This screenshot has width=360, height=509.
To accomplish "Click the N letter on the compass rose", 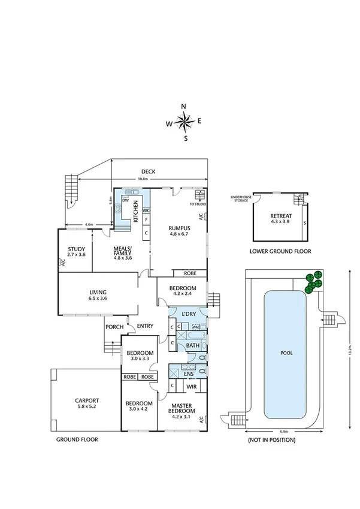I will pos(184,107).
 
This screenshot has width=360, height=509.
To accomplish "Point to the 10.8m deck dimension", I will pos(143,179).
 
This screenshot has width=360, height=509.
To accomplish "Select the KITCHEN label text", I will pos(136,212).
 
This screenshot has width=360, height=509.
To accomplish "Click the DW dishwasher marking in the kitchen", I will pos(126,201).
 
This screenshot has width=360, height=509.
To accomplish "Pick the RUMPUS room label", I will pos(179,228).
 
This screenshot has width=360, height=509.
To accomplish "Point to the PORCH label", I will pos(114,327).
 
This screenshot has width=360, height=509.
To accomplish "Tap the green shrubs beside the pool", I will pos(313,282).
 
